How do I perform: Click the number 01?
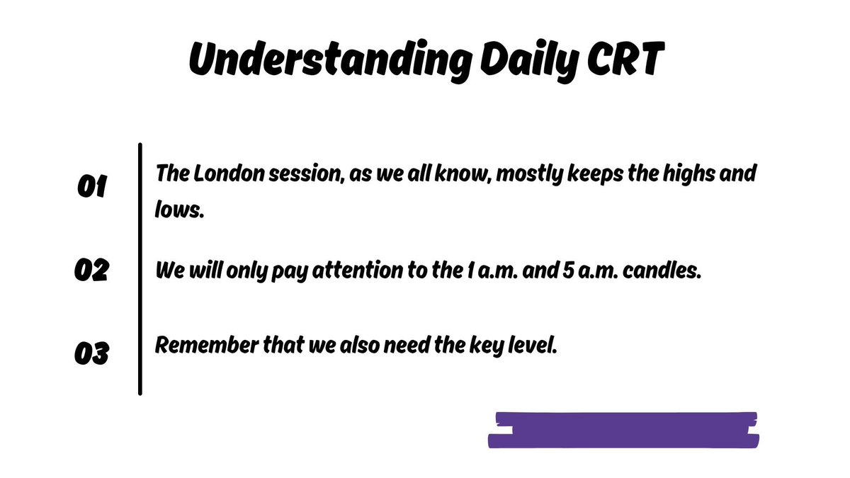[91, 188]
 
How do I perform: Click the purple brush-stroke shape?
[623, 431]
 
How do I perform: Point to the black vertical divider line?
[140, 269]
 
